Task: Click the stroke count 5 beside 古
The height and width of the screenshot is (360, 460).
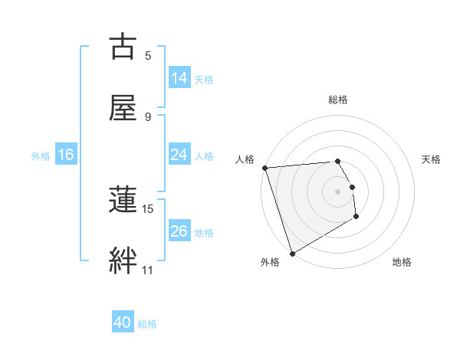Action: click(x=148, y=55)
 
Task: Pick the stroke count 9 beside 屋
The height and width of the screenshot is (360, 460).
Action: click(x=148, y=116)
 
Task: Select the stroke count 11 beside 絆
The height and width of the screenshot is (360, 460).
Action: click(x=148, y=270)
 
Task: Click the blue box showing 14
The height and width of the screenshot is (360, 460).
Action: click(x=179, y=78)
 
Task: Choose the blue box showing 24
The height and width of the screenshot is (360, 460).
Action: click(x=179, y=155)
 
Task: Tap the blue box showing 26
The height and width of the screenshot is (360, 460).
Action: click(x=179, y=231)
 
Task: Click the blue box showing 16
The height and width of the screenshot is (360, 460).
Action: click(x=66, y=155)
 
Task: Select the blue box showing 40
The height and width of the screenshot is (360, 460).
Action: click(x=123, y=322)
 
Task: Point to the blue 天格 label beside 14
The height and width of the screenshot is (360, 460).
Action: click(x=204, y=79)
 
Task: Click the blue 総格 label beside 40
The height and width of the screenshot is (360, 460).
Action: click(x=147, y=324)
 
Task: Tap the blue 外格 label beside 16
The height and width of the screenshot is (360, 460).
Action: click(x=41, y=155)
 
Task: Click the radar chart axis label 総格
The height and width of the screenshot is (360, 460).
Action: click(x=338, y=100)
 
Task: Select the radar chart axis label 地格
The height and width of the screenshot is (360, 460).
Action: click(x=402, y=263)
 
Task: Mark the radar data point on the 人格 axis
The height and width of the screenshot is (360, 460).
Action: click(x=264, y=168)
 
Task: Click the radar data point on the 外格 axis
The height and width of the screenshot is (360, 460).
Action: click(x=292, y=253)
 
